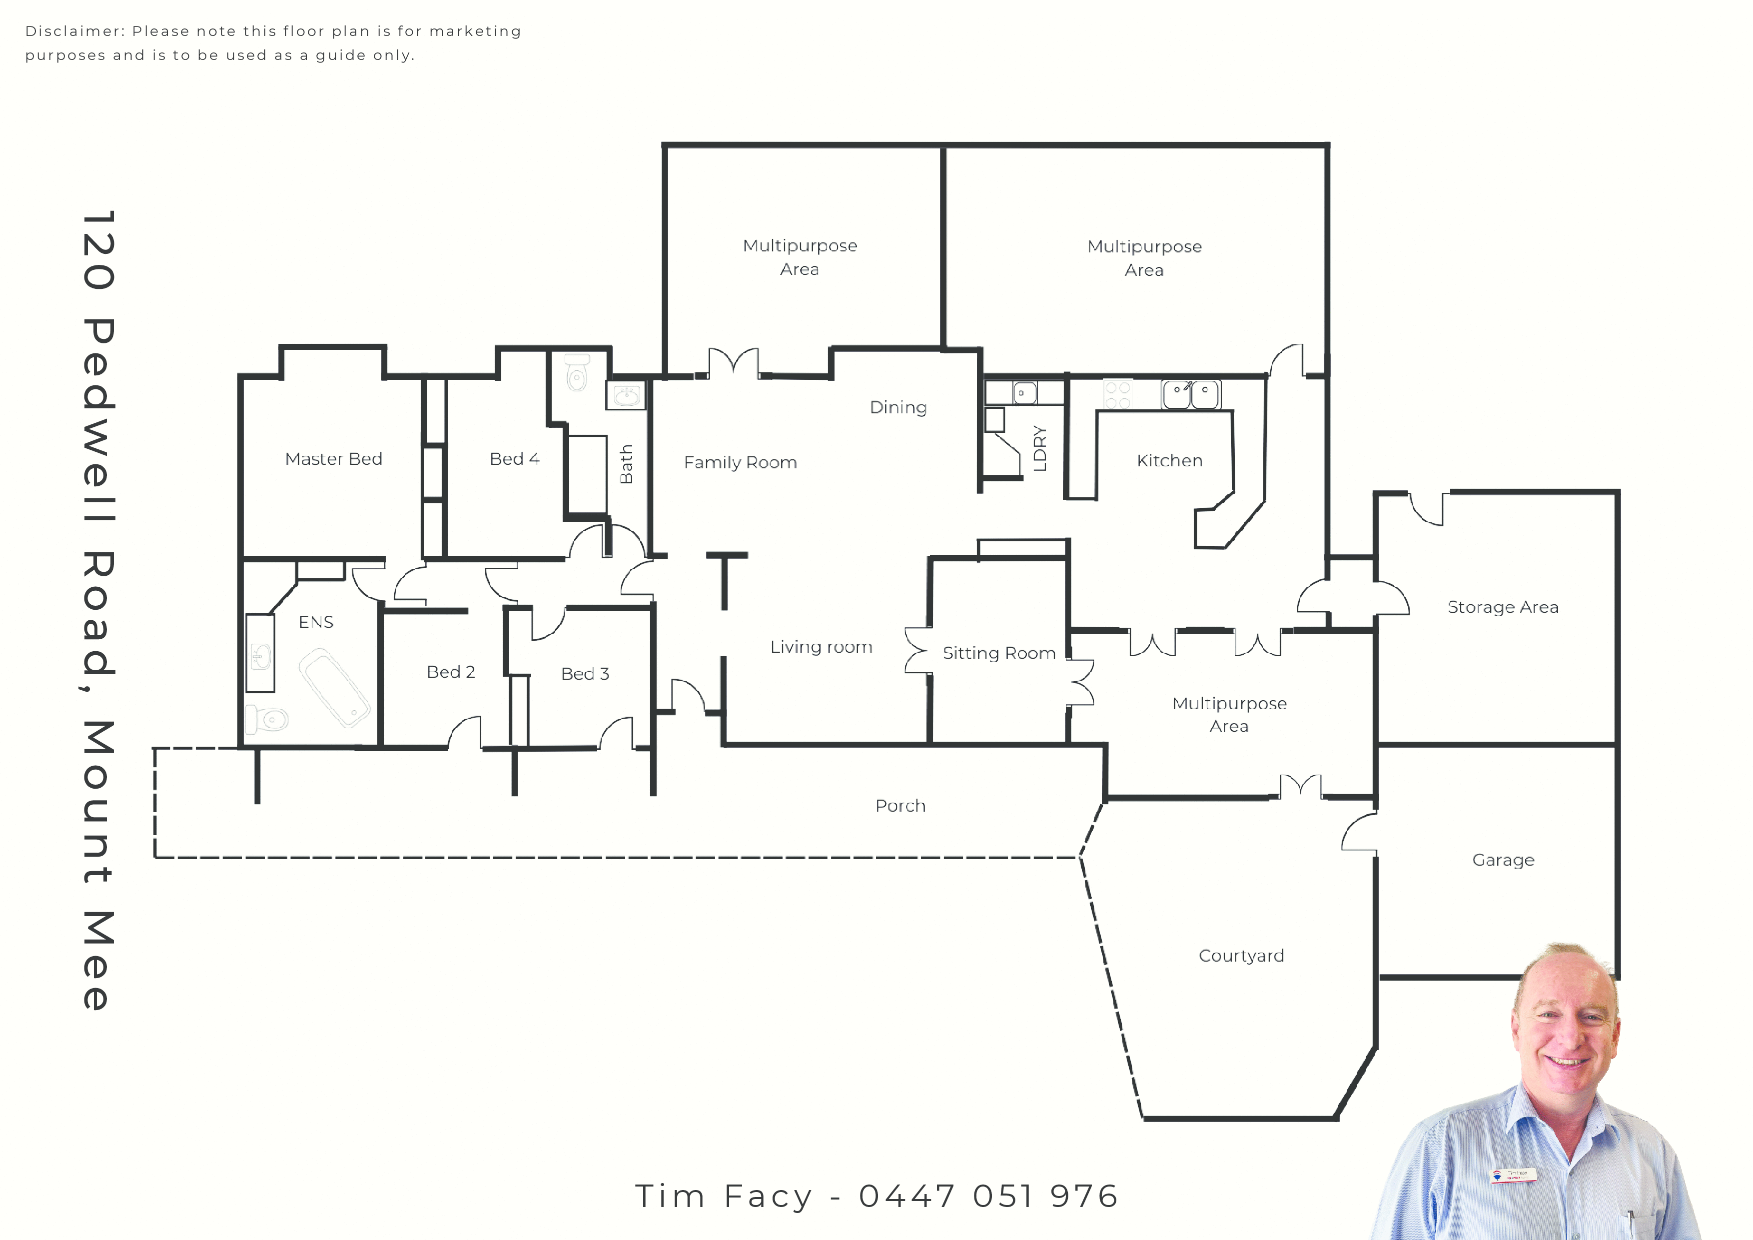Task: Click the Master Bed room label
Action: click(x=334, y=459)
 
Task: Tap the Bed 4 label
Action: click(x=515, y=459)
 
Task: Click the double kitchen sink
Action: click(x=1191, y=394)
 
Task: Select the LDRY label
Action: click(x=1039, y=448)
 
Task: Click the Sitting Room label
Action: click(x=998, y=653)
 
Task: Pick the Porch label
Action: click(x=900, y=806)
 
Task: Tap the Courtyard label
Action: click(x=1241, y=956)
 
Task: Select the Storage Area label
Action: click(x=1503, y=607)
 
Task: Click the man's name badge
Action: click(x=1514, y=1175)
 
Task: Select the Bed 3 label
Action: click(x=585, y=673)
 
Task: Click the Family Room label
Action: click(x=740, y=463)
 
